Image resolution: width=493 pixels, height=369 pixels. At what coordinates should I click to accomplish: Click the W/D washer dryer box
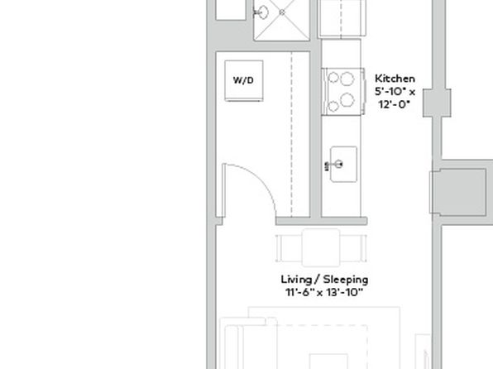244,80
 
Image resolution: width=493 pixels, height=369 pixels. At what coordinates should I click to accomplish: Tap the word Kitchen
395,79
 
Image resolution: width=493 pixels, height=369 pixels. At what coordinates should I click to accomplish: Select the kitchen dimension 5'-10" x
395,92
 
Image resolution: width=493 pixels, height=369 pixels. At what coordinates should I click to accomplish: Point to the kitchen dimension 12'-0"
395,104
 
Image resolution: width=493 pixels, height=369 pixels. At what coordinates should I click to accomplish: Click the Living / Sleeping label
324,280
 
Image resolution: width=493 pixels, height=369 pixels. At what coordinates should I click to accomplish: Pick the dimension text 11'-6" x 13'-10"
324,293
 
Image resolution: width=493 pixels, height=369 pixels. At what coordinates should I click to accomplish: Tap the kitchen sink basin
343,164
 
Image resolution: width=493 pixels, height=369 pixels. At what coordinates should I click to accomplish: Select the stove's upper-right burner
347,79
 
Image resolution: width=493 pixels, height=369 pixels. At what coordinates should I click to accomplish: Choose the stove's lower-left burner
333,106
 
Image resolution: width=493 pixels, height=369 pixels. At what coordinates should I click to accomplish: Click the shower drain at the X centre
282,12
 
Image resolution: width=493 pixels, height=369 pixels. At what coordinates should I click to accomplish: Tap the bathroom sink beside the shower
261,12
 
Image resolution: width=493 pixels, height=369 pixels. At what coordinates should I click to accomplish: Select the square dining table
321,248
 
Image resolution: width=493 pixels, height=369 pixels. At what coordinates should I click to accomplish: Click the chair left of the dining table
289,248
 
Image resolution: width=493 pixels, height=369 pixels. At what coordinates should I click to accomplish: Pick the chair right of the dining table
353,248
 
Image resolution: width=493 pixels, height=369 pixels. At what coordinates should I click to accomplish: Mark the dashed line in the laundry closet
292,134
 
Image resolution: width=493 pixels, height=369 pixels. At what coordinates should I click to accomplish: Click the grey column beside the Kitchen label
437,103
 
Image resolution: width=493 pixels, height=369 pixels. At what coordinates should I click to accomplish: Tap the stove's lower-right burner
347,100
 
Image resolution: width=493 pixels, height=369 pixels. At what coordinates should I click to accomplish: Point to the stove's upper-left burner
333,78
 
